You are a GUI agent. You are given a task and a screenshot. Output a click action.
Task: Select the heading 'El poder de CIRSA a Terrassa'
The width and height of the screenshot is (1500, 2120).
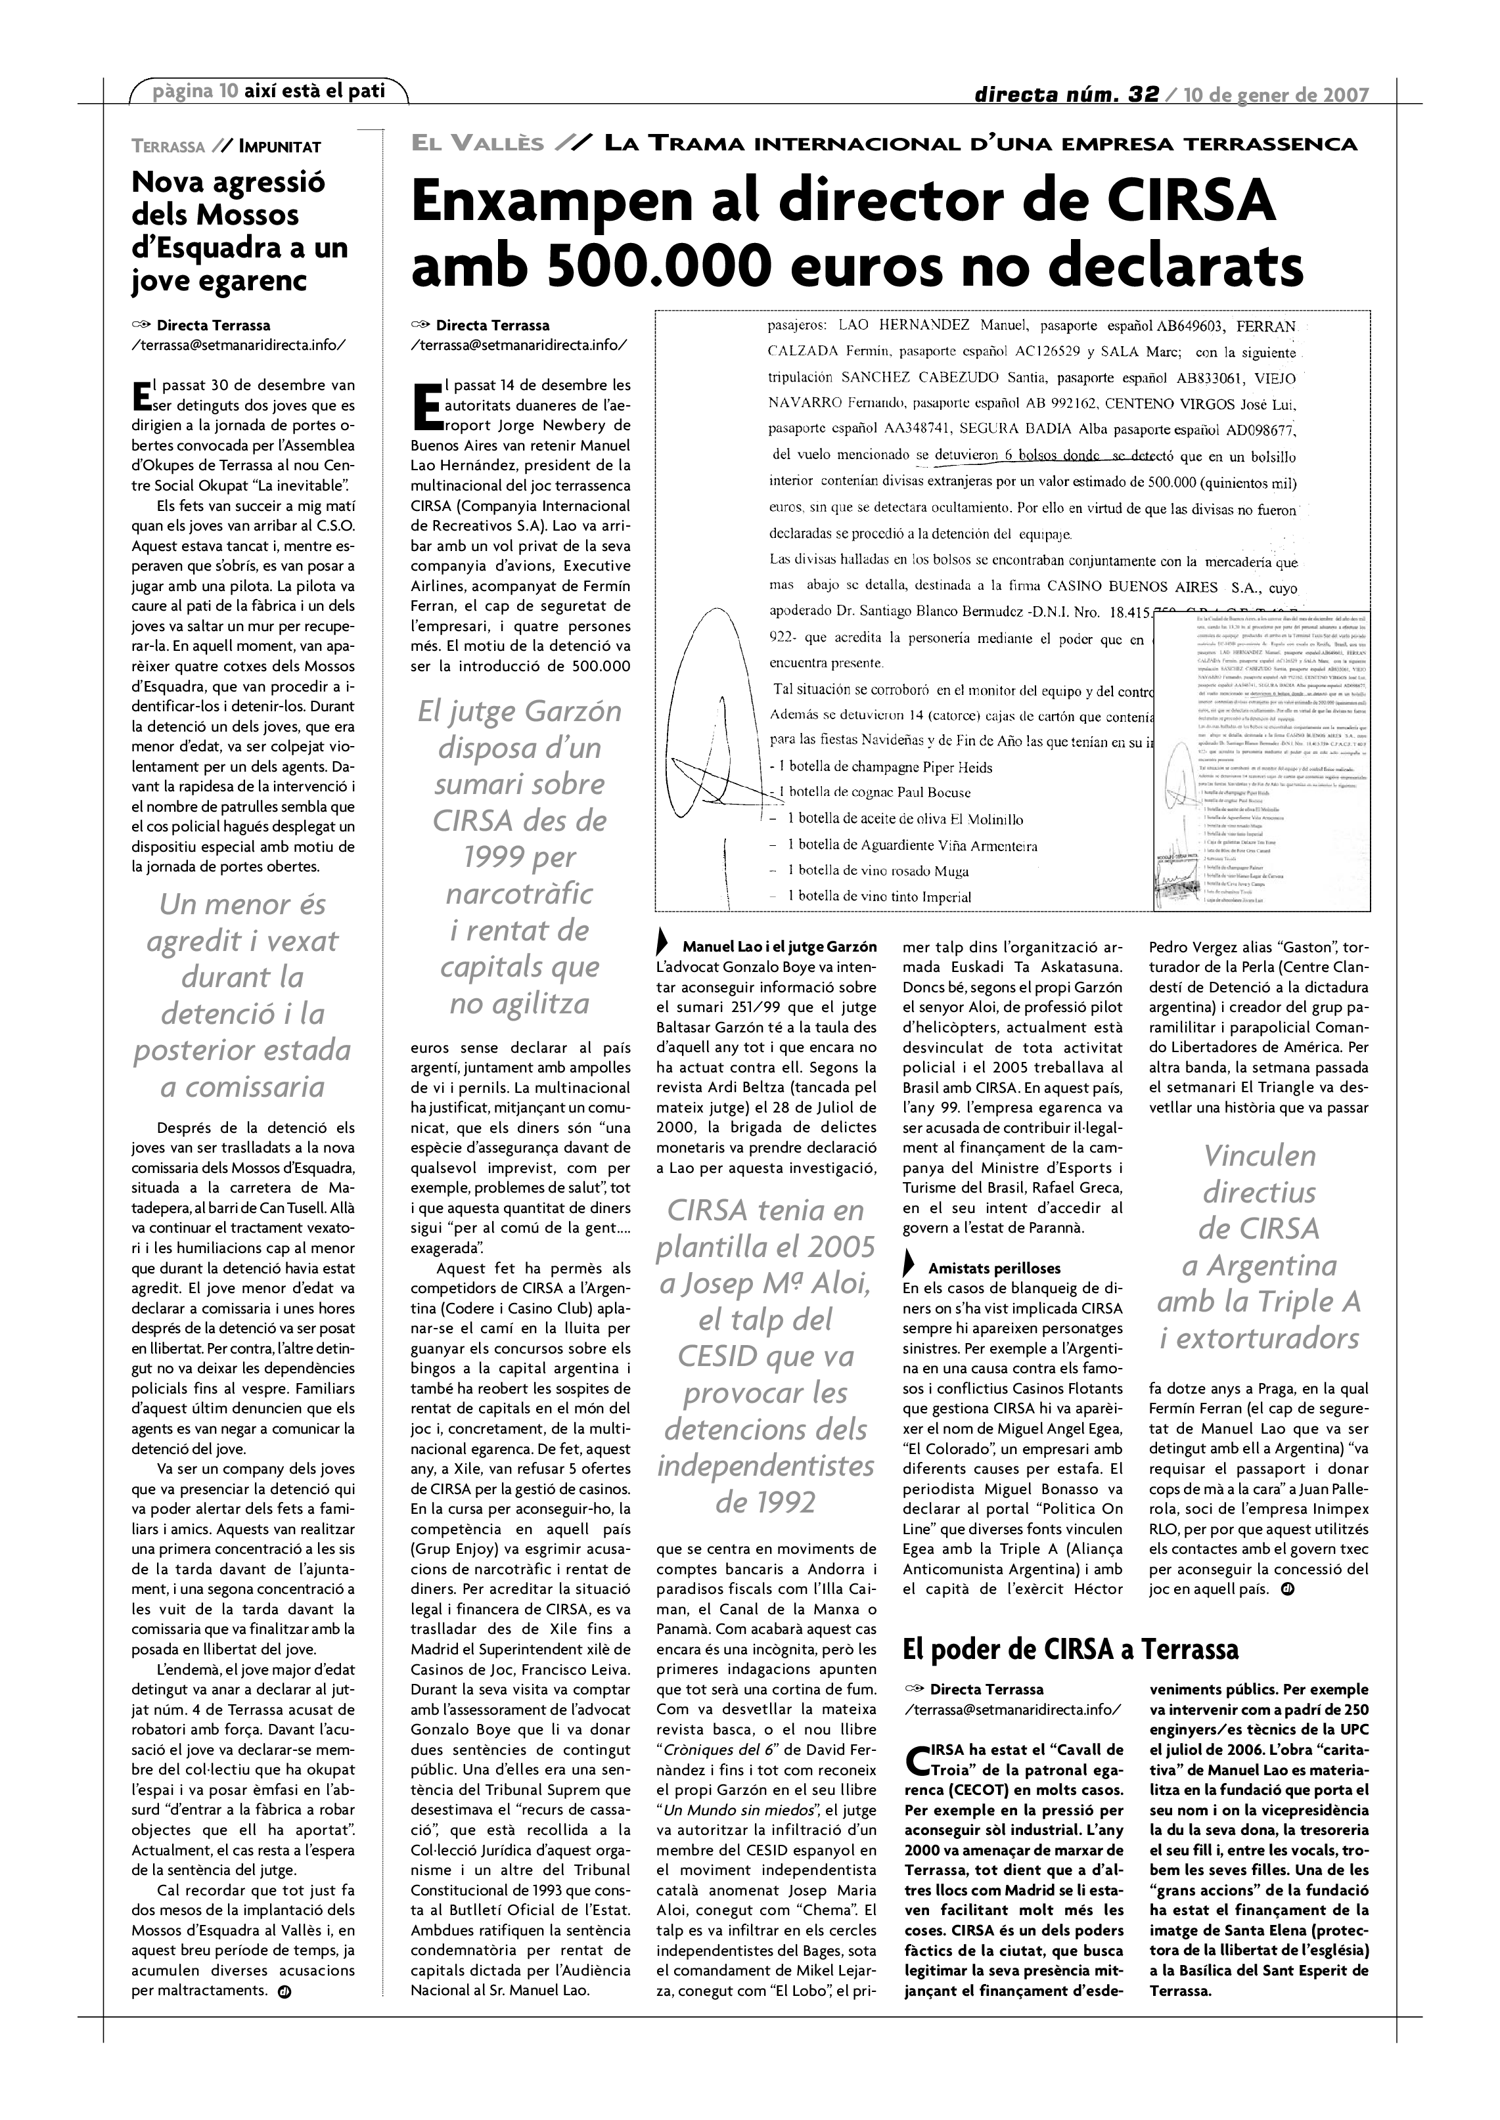point(1070,1649)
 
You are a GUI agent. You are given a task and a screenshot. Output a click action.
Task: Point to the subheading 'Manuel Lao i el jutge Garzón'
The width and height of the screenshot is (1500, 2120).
point(779,947)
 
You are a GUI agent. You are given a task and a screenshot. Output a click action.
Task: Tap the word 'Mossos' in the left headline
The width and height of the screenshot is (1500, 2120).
point(250,215)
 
